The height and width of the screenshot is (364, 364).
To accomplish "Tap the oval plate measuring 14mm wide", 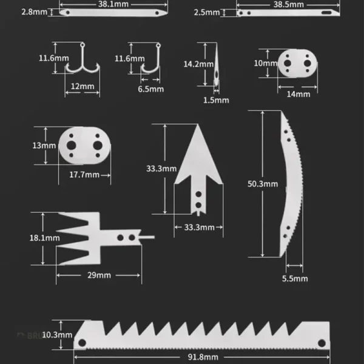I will [297, 64].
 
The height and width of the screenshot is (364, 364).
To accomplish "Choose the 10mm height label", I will [261, 64].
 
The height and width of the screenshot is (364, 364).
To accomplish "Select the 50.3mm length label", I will [262, 184].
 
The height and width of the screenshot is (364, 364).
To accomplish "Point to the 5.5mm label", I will [295, 278].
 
